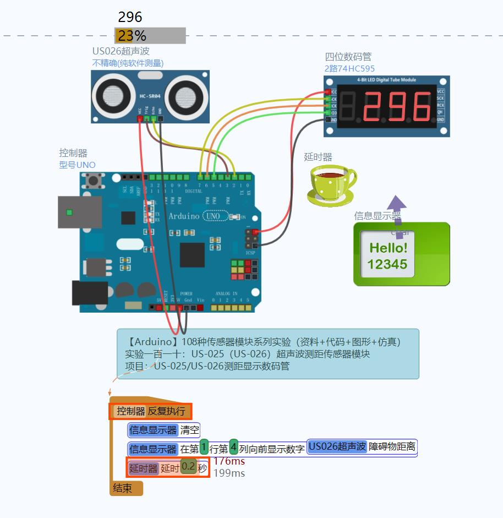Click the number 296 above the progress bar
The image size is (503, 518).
click(130, 17)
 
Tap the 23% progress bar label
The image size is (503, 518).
click(132, 36)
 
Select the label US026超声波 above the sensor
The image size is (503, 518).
click(121, 51)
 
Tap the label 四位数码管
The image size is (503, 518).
click(348, 57)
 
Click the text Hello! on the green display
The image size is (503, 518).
click(388, 248)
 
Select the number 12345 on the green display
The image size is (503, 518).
click(387, 264)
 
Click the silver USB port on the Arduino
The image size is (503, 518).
click(80, 212)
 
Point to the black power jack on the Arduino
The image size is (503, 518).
click(90, 293)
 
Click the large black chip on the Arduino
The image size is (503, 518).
click(192, 255)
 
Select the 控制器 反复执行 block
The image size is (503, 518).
click(150, 411)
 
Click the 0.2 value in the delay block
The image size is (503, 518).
click(188, 467)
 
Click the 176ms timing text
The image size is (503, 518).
click(229, 461)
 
